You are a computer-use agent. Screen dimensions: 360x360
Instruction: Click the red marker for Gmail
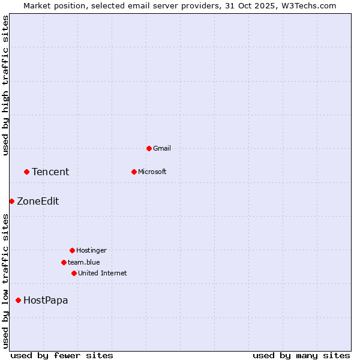click(149, 148)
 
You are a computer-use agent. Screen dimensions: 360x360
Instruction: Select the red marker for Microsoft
click(134, 172)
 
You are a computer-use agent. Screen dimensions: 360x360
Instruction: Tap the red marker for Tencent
click(26, 172)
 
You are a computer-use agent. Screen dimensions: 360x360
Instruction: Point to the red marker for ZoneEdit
click(11, 201)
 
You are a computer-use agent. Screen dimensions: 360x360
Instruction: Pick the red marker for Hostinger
click(72, 250)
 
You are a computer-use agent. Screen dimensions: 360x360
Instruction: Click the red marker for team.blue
click(64, 262)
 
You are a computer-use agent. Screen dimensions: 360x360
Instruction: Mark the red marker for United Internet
click(74, 273)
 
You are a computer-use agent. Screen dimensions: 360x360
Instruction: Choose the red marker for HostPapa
click(18, 300)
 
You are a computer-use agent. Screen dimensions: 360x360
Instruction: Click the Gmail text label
click(162, 148)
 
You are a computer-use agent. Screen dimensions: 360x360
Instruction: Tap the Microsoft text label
click(152, 172)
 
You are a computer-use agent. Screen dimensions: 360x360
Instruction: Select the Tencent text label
click(50, 172)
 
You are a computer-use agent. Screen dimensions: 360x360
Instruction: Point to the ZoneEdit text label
click(38, 201)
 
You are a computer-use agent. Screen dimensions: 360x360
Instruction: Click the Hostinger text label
click(91, 250)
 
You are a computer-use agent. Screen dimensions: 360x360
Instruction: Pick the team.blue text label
click(84, 262)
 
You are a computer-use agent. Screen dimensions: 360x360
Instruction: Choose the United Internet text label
click(103, 273)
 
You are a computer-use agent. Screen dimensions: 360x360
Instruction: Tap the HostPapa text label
click(46, 300)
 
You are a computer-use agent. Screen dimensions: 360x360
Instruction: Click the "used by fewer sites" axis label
click(62, 355)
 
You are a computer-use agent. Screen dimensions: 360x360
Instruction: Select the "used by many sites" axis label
click(301, 355)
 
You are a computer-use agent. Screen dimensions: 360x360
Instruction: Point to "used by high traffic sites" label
click(5, 85)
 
